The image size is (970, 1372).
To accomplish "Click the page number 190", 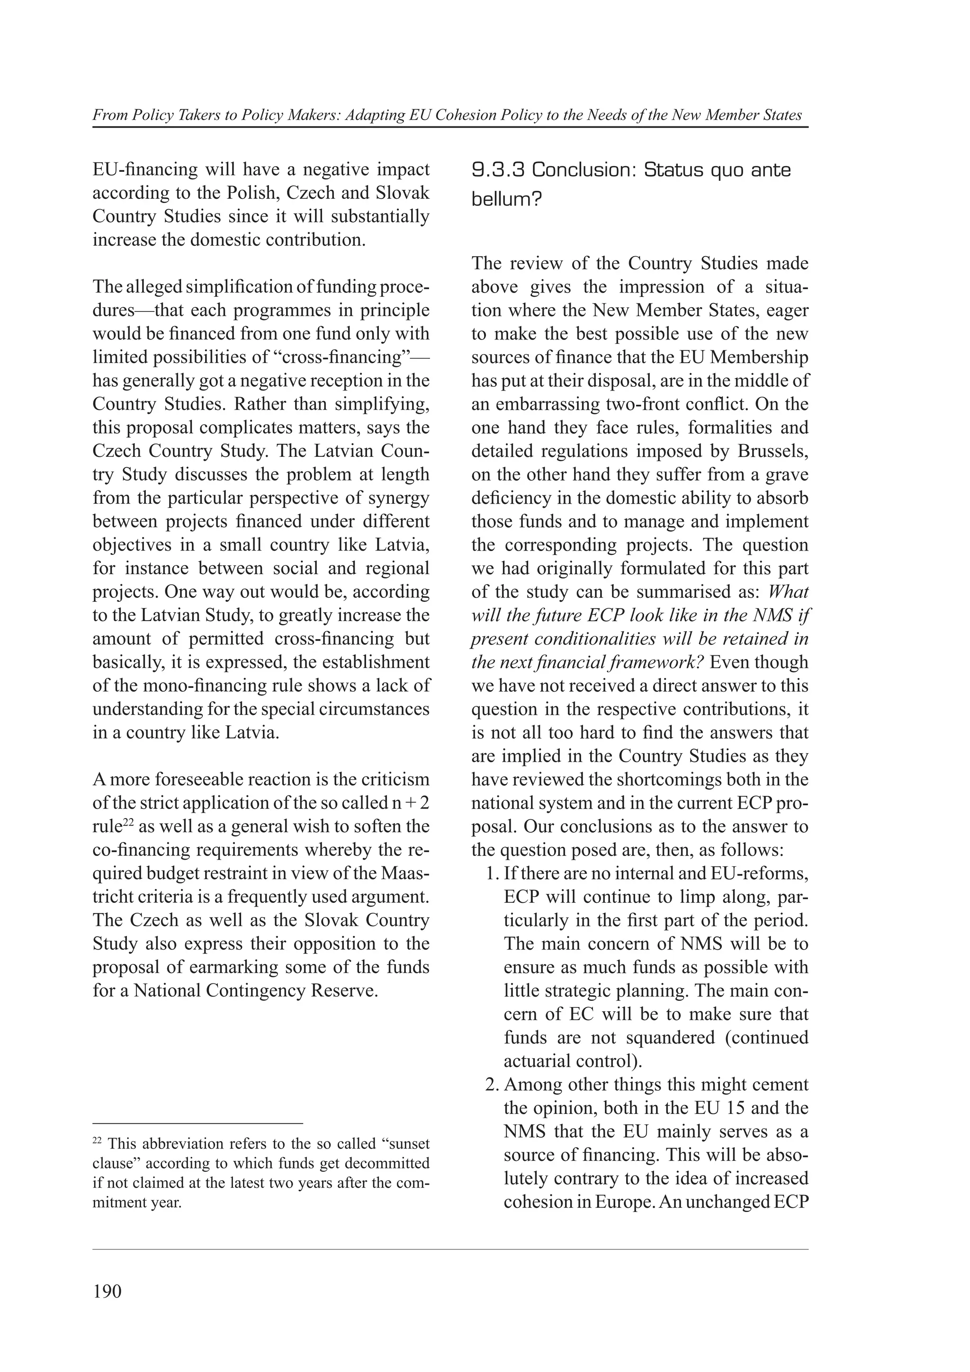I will coord(107,1292).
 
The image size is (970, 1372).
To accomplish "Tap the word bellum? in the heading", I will coord(506,200).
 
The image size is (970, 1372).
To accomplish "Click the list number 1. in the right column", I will coord(491,873).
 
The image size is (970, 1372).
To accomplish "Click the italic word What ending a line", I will coord(787,592).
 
